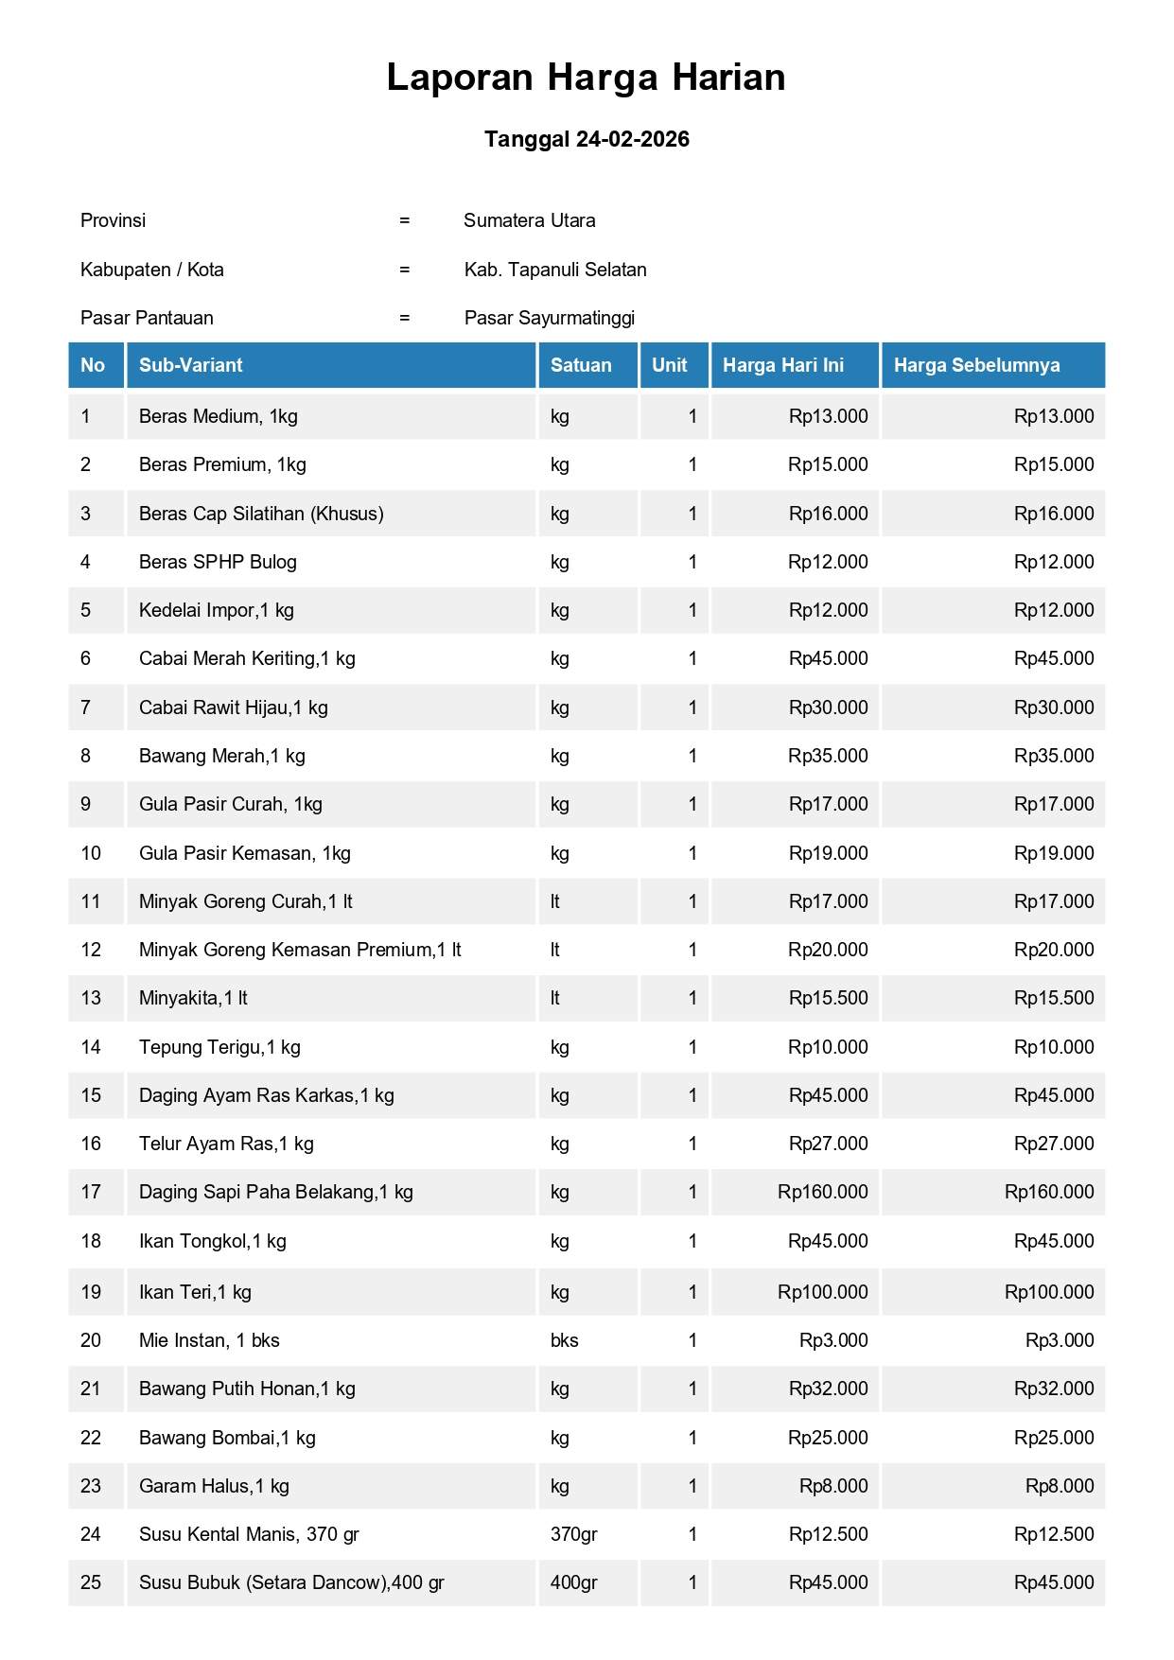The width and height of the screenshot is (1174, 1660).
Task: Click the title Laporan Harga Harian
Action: (586, 78)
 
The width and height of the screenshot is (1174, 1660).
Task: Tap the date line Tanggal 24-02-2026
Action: (587, 139)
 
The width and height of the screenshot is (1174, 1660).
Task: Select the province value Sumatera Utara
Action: (529, 220)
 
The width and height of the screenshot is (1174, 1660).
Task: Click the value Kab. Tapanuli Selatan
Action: (555, 270)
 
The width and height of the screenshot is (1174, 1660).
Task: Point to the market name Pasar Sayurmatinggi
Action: (549, 318)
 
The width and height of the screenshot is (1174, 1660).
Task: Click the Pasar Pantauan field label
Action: (147, 318)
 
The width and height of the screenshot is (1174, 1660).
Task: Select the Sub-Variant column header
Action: (190, 365)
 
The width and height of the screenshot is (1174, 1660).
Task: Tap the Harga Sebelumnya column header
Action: (976, 365)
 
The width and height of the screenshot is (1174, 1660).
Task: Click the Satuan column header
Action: (581, 365)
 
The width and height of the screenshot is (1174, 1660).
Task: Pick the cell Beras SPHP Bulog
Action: (218, 562)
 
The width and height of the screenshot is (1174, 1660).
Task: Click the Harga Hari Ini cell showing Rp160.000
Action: (822, 1192)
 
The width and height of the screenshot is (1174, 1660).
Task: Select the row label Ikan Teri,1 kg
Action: (195, 1292)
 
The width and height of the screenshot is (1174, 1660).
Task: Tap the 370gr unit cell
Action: (573, 1534)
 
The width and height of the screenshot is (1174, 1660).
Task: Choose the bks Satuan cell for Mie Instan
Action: (564, 1340)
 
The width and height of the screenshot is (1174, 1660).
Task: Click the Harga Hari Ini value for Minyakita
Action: (828, 998)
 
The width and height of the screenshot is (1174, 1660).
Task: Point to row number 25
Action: (91, 1582)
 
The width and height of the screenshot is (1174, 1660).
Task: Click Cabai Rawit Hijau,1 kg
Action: (233, 708)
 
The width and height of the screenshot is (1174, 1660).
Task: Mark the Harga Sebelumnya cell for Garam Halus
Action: (1060, 1486)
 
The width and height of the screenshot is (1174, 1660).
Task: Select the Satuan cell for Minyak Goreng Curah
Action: (555, 901)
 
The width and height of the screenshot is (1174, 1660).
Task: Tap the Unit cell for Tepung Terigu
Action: (692, 1047)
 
